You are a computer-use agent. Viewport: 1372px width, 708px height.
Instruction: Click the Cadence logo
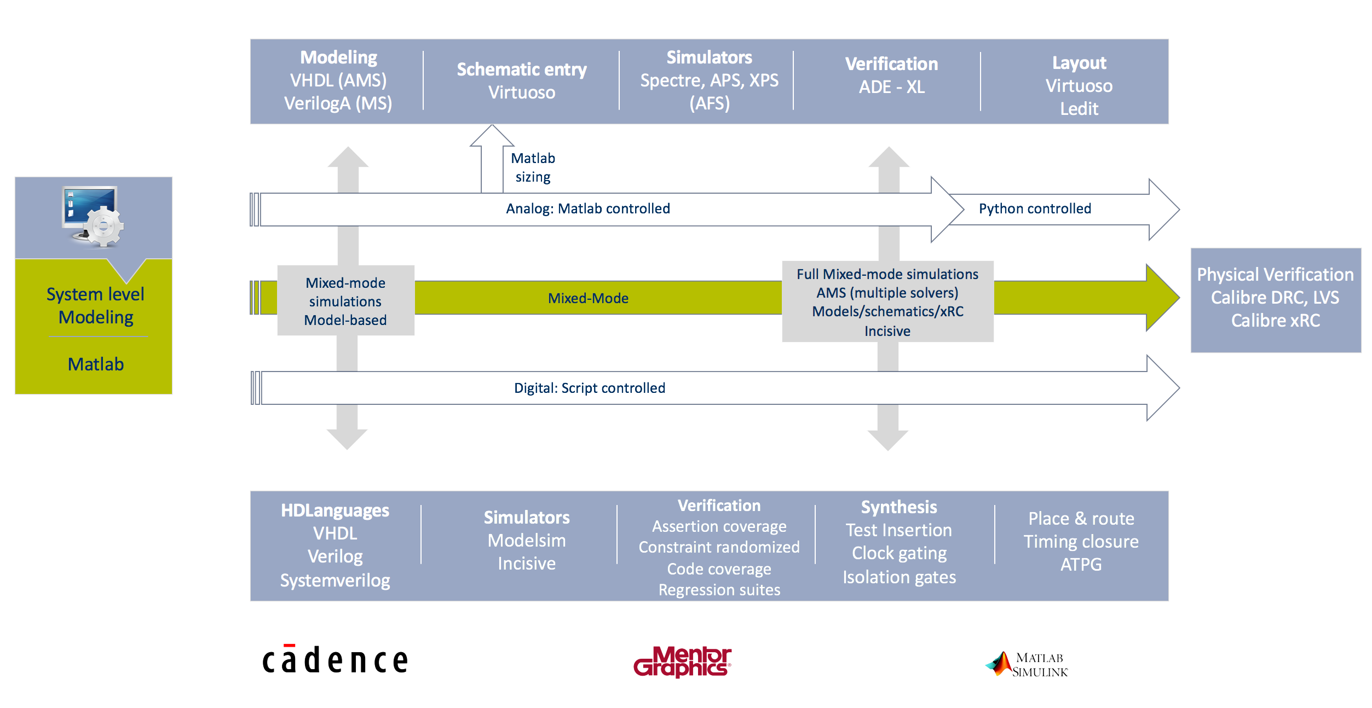335,660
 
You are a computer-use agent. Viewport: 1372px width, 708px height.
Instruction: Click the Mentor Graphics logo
682,661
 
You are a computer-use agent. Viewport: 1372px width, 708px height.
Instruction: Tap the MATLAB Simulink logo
1027,665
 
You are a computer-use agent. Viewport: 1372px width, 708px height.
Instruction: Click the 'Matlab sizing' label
533,167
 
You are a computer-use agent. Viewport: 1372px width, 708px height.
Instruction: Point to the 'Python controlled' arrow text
1035,209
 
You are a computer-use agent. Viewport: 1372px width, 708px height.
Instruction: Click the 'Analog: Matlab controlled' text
587,209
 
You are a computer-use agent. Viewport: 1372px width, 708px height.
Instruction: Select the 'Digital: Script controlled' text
589,388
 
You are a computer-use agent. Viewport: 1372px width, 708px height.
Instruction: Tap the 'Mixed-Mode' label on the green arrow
588,299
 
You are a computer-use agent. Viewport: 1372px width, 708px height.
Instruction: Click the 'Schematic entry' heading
521,70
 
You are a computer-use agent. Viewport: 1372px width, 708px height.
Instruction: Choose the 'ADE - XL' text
891,88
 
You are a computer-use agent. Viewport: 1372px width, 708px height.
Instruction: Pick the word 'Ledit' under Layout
1079,109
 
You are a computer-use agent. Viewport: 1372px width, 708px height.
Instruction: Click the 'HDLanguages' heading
335,510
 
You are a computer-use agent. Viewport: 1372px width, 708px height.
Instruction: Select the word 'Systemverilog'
335,581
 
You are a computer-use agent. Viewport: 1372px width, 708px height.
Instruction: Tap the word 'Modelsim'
526,541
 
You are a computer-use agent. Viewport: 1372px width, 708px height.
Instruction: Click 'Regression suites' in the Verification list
719,590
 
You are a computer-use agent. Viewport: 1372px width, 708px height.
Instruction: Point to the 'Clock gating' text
899,553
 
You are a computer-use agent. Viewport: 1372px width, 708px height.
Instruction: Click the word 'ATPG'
1081,565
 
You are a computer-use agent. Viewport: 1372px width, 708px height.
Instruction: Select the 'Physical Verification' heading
1275,275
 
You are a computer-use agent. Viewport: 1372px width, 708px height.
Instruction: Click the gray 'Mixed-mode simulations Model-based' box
345,301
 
